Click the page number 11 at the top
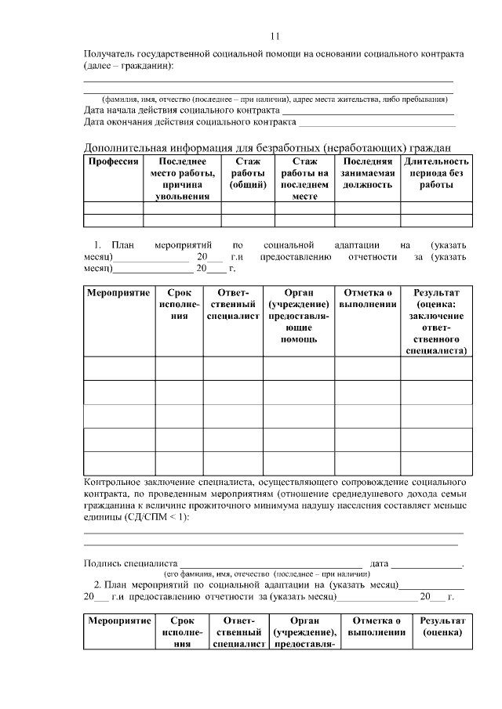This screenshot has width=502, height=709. tap(275, 36)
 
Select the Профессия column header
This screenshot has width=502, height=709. tap(113, 161)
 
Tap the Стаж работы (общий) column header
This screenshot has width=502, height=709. tap(248, 173)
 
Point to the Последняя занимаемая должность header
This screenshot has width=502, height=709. tap(367, 173)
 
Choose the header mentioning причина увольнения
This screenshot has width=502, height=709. tap(182, 179)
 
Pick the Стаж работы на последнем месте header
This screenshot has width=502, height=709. tap(304, 179)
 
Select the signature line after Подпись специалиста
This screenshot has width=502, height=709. tap(271, 564)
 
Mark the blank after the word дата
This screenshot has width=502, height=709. tap(427, 564)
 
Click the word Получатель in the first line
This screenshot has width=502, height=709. tap(109, 53)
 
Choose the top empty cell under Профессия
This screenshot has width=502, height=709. tap(113, 208)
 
